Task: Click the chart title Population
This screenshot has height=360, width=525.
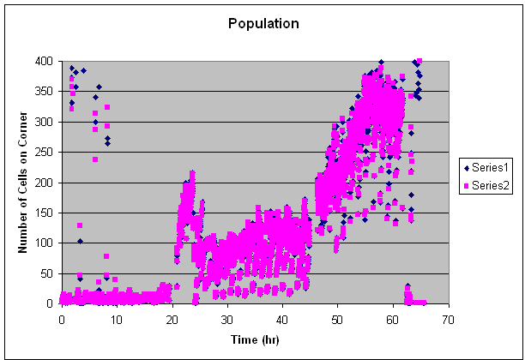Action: [x=263, y=23]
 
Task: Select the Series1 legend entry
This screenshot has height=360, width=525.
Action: [x=486, y=165]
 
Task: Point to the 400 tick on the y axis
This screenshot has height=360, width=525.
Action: [x=44, y=62]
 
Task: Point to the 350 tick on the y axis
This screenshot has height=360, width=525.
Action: [x=44, y=92]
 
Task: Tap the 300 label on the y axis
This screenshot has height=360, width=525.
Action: [x=44, y=122]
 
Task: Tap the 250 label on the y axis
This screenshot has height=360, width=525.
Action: [x=44, y=153]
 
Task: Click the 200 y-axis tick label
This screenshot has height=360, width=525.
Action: [x=44, y=183]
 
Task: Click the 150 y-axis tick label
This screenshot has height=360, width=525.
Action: [x=44, y=213]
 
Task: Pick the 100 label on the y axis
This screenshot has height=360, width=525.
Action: [x=44, y=243]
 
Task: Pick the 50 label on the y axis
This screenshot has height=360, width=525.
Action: [x=47, y=273]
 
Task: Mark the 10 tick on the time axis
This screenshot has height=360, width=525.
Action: [x=117, y=317]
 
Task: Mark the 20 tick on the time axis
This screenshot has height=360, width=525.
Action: [x=172, y=317]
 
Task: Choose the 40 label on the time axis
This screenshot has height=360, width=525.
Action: [x=282, y=317]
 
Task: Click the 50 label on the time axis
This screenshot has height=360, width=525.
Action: [x=337, y=317]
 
